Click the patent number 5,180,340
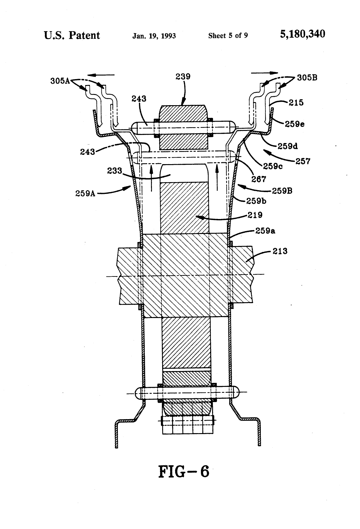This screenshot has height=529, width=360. coord(302,34)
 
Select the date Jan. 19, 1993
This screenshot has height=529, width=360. coord(154,36)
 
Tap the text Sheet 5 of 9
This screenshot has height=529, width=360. coord(228,36)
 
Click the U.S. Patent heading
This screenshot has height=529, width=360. coord(72,35)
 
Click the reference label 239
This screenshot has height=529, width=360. coord(183,77)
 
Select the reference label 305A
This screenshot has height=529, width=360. coord(60,81)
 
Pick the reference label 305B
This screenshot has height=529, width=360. coord(307,78)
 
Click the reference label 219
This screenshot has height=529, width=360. coord(255,215)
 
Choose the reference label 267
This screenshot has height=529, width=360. coord(259,179)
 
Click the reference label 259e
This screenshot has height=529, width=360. coord(294,124)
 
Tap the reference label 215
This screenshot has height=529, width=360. coord(296,102)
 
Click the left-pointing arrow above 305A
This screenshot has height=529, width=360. coord(101,75)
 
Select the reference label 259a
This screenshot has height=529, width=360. coord(265,231)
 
